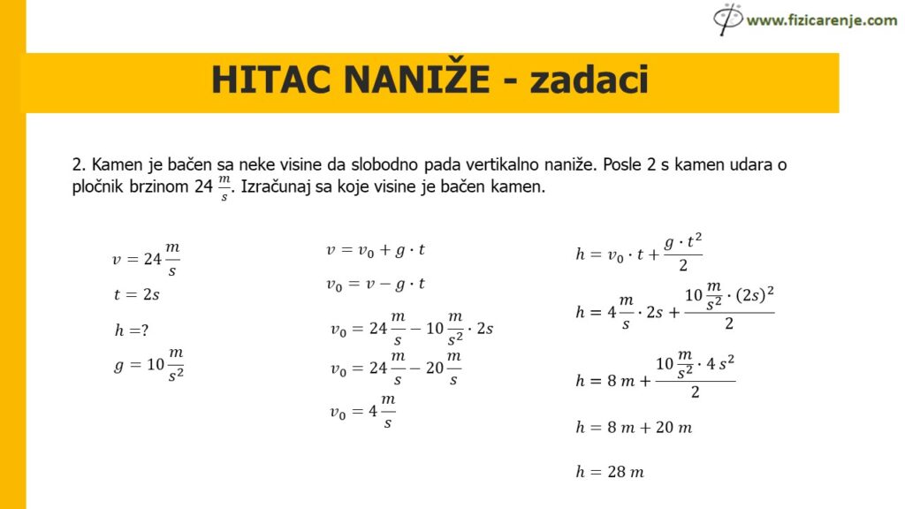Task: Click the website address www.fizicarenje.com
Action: (821, 19)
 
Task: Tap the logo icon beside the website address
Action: (728, 19)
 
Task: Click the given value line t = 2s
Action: (136, 295)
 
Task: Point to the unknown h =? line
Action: (131, 330)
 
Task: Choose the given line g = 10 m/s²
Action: (148, 364)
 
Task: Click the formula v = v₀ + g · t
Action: (376, 250)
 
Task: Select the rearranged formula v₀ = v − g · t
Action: (376, 285)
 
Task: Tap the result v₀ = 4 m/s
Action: (363, 411)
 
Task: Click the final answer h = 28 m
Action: (609, 471)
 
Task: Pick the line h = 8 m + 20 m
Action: (633, 427)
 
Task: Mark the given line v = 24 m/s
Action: (146, 258)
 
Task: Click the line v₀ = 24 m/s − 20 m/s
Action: (395, 368)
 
